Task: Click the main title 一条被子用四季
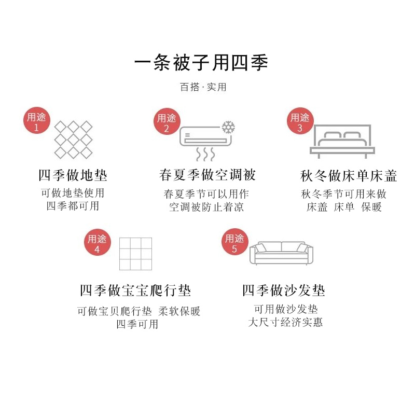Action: point(201,63)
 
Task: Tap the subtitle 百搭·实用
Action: point(203,87)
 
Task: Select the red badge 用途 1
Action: point(36,122)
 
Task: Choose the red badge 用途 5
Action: point(234,243)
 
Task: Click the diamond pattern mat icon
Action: point(73,140)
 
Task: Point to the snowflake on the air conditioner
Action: point(228,128)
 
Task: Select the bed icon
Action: point(342,141)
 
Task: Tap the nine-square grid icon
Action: point(135,254)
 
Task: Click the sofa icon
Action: point(282,253)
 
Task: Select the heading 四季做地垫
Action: point(73,175)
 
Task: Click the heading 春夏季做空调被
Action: point(208,175)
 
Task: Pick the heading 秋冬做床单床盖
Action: point(349,176)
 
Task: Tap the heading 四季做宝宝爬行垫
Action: point(135,290)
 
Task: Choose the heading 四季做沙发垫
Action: point(283,290)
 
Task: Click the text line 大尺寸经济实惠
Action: point(285,322)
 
